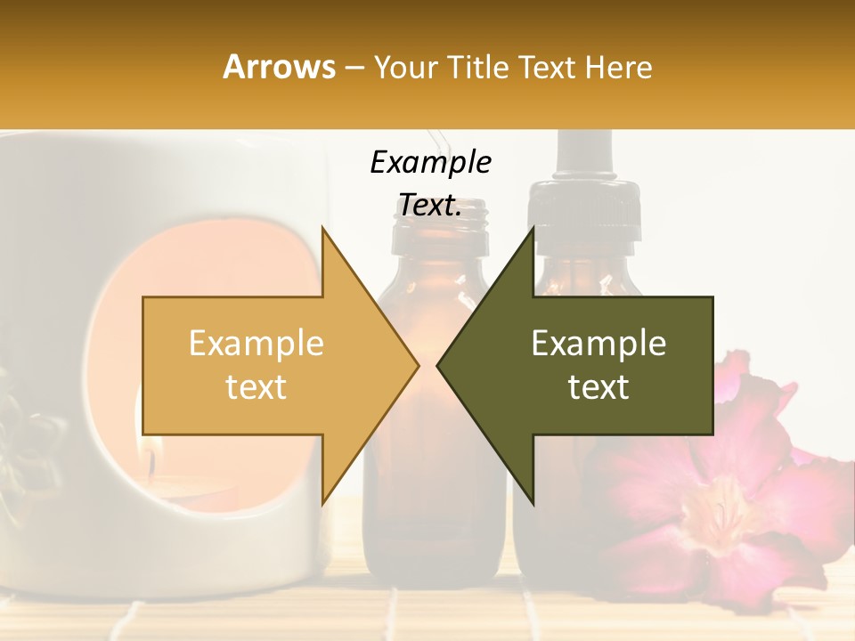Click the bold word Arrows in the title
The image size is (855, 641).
[x=280, y=67]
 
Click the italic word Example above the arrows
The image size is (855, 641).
[x=430, y=162]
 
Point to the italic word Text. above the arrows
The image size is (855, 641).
[x=430, y=206]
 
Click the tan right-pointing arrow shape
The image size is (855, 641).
[x=267, y=365]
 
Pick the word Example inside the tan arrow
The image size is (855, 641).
[x=256, y=344]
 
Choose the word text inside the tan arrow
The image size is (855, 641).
[x=256, y=387]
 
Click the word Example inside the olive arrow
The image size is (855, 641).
[x=598, y=344]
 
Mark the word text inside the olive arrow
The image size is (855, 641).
[x=598, y=387]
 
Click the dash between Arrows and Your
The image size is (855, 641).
[x=354, y=67]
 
